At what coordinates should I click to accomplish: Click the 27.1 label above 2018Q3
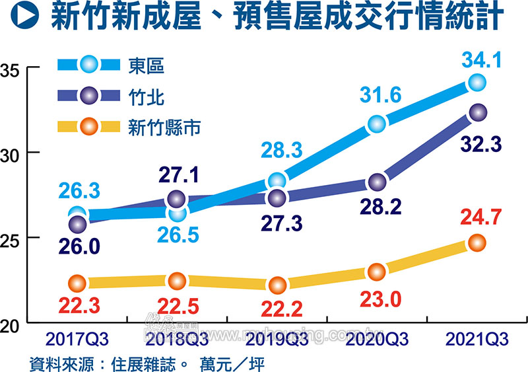click(177, 175)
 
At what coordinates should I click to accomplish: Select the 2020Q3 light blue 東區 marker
click(377, 124)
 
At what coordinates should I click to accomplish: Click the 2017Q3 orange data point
click(77, 283)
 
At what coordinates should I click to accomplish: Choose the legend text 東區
click(146, 65)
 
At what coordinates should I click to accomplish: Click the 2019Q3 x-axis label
click(277, 340)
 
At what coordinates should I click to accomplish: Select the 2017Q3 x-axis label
click(77, 340)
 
